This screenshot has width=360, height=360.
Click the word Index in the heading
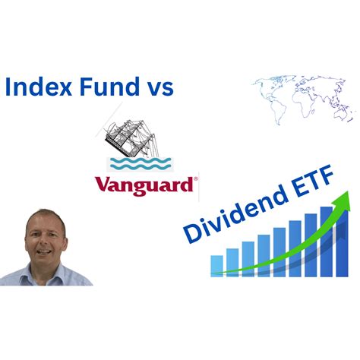click(35, 86)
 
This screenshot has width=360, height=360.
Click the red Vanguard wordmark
click(144, 185)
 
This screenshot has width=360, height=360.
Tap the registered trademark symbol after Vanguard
click(196, 179)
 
